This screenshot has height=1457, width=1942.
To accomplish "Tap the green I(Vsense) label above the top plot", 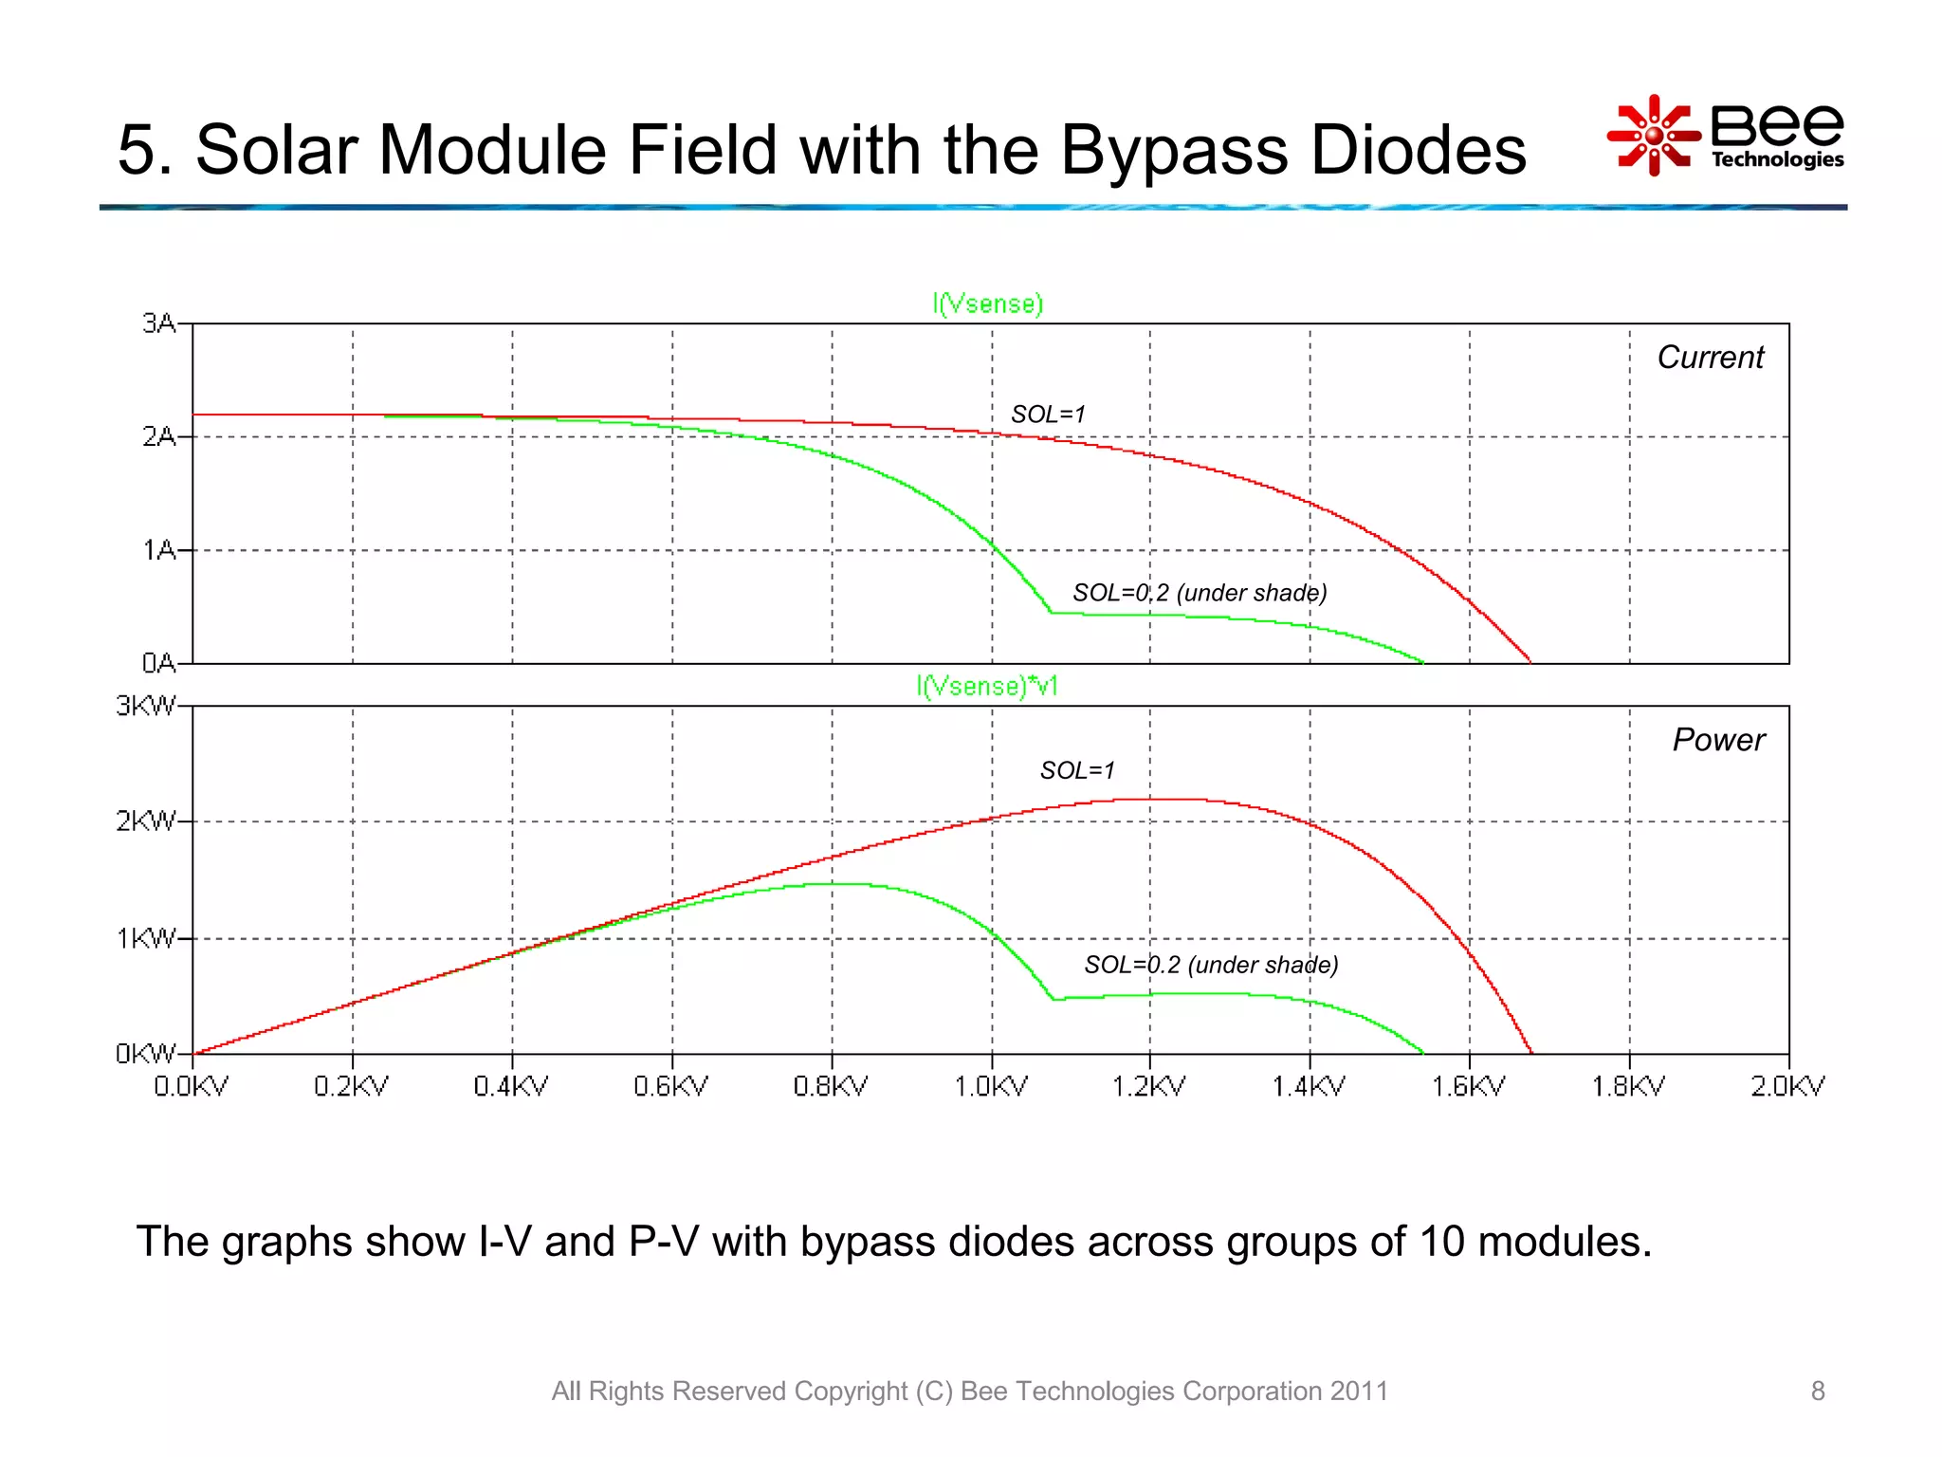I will [987, 304].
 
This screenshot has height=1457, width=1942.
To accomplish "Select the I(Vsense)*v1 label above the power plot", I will [987, 686].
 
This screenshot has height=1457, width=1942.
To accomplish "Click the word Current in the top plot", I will [1710, 358].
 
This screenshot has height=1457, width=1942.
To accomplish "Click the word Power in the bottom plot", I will [1717, 740].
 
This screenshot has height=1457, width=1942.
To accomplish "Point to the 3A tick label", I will [159, 323].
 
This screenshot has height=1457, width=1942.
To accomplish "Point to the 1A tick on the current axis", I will [159, 550].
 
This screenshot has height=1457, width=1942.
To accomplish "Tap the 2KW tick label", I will [146, 821].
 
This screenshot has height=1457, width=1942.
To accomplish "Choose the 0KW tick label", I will [146, 1054].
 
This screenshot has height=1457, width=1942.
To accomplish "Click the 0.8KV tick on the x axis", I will [831, 1086].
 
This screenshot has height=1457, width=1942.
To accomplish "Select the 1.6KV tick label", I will [1469, 1086].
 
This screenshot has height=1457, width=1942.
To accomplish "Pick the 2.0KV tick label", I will [1787, 1086].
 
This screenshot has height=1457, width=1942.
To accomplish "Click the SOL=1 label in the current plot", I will [1048, 415].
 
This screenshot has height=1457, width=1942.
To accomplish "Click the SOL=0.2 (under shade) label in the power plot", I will [1211, 965].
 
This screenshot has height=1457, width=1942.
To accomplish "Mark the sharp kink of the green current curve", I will [1051, 613].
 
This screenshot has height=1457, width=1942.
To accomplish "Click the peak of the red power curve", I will [1162, 799].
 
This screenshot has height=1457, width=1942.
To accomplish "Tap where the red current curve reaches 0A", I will [1530, 662].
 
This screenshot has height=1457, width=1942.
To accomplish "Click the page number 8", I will [1817, 1391].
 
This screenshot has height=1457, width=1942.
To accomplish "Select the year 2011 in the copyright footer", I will [1359, 1391].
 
